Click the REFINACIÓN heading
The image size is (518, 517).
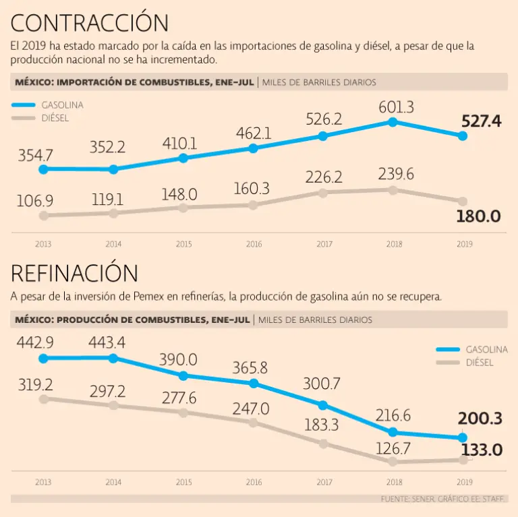(74, 273)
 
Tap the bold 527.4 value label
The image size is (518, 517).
(482, 121)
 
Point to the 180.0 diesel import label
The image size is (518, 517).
(478, 216)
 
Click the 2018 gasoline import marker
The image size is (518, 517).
(393, 122)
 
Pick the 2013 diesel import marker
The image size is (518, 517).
(44, 216)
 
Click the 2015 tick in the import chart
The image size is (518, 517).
(183, 244)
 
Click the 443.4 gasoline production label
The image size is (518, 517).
(106, 342)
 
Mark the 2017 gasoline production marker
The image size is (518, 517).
(323, 405)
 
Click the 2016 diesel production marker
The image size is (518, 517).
(253, 423)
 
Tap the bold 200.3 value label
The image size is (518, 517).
(480, 419)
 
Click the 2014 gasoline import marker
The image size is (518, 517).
(113, 169)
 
